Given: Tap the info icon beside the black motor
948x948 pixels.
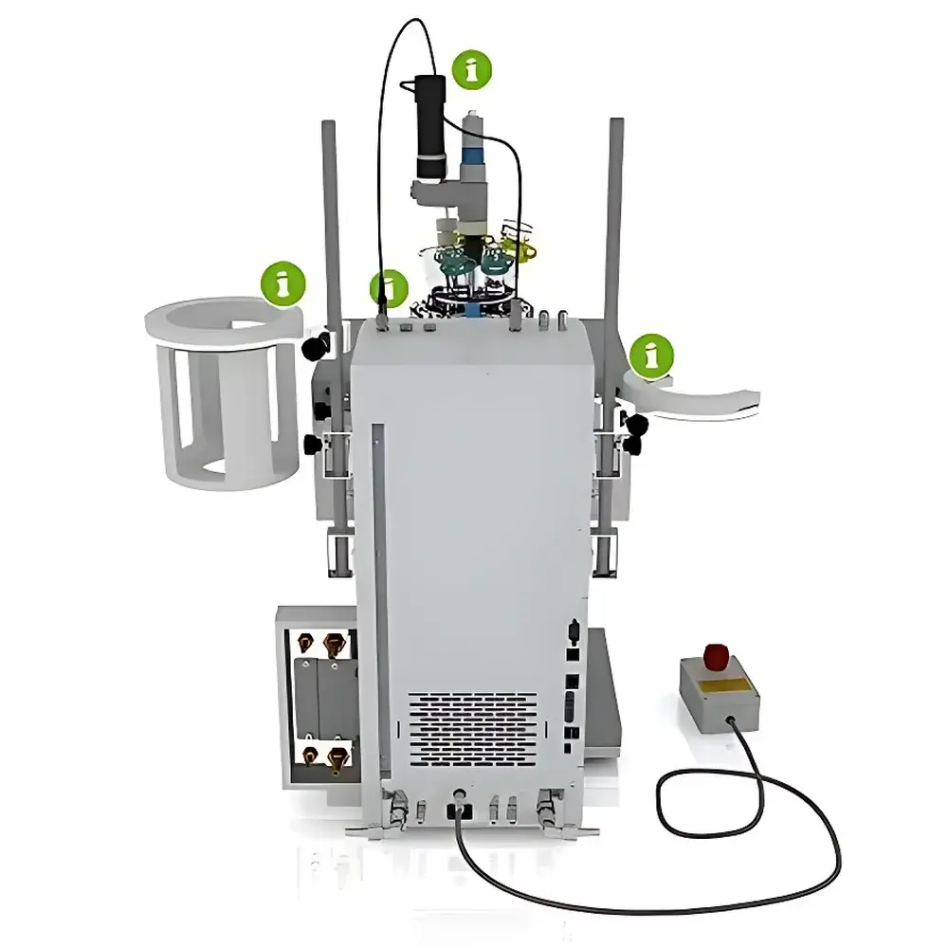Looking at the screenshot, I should pos(471,69).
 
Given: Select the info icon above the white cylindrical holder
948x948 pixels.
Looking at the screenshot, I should pos(282,282).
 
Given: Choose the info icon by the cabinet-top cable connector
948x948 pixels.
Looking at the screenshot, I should pos(388,288).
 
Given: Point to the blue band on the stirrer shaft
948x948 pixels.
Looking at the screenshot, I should pos(472,155).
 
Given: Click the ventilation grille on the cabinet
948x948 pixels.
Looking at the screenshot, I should pos(471,731).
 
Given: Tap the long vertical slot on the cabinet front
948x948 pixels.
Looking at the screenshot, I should pos(378,597).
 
